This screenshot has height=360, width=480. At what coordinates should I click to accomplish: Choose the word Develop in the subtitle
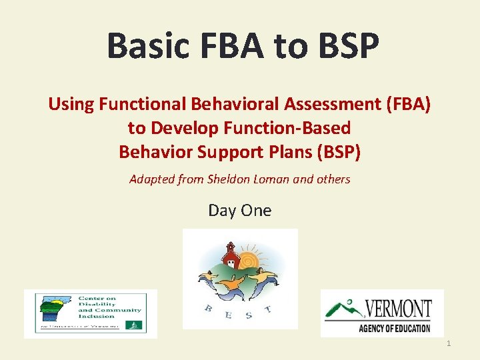(x=189, y=128)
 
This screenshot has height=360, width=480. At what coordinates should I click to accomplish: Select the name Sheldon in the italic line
(x=231, y=179)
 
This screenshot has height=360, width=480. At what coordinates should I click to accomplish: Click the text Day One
(x=240, y=211)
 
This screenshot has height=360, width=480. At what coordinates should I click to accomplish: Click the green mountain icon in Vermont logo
(x=342, y=309)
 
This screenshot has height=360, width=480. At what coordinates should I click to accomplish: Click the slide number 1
(x=449, y=343)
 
